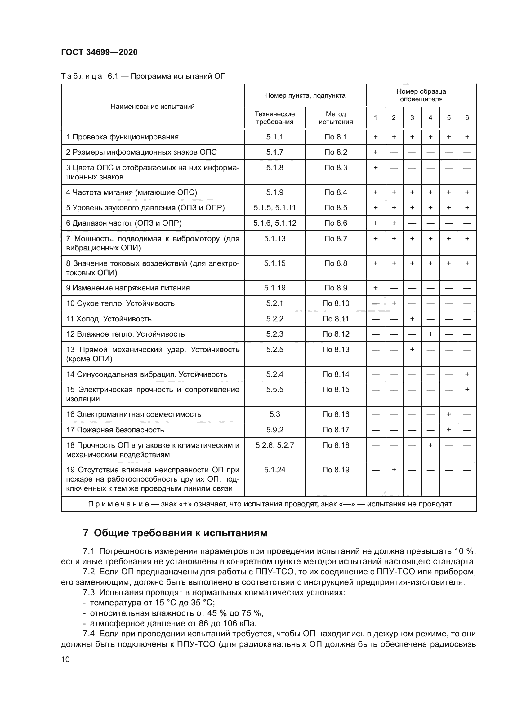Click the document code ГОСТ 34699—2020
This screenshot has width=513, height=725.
point(99,52)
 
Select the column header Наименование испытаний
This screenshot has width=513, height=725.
point(153,107)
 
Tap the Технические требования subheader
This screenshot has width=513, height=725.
point(274,118)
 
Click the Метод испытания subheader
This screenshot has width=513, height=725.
point(336,118)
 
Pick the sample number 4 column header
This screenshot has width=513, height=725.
point(430,118)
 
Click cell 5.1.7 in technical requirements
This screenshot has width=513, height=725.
point(274,152)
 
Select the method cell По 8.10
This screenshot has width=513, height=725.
point(336,303)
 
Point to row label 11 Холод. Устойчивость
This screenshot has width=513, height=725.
point(109,319)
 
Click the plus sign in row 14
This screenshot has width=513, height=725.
point(467,374)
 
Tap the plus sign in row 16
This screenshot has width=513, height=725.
point(448,414)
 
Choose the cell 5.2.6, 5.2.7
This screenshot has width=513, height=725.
point(274,445)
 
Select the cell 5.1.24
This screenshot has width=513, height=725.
point(274,470)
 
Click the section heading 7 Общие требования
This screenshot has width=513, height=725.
point(175,533)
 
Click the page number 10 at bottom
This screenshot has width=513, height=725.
point(65,659)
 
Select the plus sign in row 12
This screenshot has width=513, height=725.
point(430,334)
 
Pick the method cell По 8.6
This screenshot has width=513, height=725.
point(336,223)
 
